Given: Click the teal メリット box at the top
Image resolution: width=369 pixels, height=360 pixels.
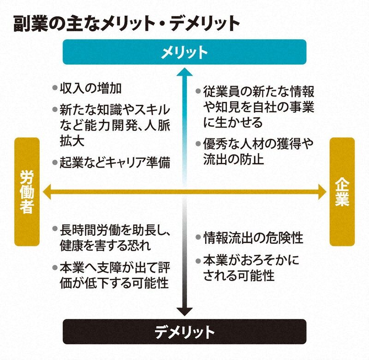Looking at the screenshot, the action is [x=184, y=52].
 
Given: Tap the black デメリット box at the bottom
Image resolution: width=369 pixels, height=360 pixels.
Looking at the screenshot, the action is [x=184, y=332].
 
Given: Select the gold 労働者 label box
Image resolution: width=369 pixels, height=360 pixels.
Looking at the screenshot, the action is [x=27, y=192].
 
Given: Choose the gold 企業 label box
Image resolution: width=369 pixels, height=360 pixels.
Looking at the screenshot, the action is [x=342, y=192].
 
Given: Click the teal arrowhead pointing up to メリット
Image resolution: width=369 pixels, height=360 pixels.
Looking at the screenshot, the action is [x=184, y=72].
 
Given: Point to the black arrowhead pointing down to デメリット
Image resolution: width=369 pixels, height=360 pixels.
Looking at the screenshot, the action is [x=184, y=312].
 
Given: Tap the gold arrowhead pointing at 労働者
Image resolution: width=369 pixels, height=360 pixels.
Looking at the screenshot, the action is [x=47, y=192].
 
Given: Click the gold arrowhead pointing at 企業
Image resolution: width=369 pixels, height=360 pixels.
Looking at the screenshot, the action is [x=322, y=192].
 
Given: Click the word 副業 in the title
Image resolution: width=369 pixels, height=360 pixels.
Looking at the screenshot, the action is [x=30, y=23].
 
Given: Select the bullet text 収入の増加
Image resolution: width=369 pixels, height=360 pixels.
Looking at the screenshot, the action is [x=90, y=88].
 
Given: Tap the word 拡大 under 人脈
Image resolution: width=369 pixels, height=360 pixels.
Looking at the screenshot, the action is [x=72, y=141].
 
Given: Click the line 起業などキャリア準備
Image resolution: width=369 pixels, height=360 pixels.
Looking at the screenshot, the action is [x=115, y=162].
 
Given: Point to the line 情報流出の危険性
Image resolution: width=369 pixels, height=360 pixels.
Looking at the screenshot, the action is [x=253, y=238].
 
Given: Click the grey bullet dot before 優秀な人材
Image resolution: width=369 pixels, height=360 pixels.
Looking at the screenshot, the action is [x=198, y=144].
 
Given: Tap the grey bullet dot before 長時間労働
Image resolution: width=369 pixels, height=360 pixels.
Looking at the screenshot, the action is [x=55, y=228].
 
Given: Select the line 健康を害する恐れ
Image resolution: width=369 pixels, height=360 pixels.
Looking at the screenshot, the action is [x=106, y=246].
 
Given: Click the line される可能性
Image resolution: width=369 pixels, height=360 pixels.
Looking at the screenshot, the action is [x=239, y=275].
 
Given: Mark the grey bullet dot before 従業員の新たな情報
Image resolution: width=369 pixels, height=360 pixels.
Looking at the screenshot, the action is [x=198, y=91].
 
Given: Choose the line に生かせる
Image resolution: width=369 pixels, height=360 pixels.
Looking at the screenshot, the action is [x=233, y=122].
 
